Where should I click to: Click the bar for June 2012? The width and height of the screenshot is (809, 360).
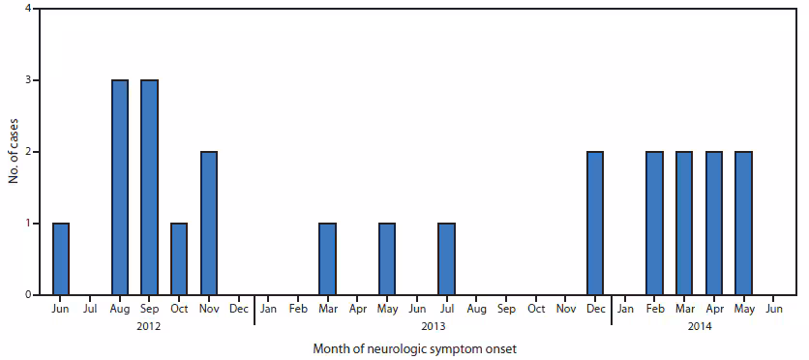click(61, 258)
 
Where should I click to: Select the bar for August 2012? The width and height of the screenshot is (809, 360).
click(120, 188)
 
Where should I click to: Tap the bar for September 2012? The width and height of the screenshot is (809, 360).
click(150, 188)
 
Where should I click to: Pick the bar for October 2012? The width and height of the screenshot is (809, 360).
click(179, 258)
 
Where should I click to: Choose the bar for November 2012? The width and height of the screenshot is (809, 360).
click(209, 224)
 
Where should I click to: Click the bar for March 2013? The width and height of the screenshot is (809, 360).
click(328, 258)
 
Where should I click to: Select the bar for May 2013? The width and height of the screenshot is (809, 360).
click(387, 258)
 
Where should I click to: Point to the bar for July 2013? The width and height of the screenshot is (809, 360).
click(447, 258)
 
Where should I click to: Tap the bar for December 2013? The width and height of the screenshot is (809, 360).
click(595, 224)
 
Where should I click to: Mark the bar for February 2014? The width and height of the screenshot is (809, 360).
click(655, 224)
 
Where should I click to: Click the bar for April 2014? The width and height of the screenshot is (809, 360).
click(714, 224)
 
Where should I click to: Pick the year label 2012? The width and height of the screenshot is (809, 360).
click(149, 327)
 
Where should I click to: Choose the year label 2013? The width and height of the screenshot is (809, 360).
click(432, 327)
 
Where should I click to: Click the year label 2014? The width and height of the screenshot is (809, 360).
click(700, 327)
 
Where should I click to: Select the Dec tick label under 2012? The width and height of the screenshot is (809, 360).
click(238, 310)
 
